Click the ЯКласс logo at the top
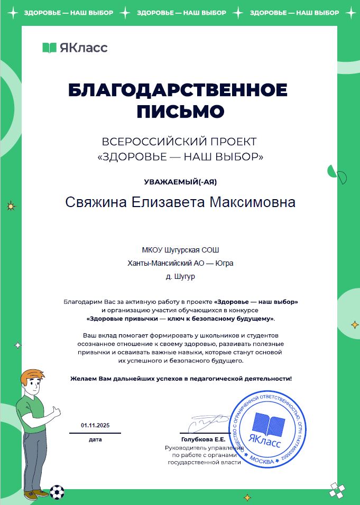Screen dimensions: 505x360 tap(75, 48)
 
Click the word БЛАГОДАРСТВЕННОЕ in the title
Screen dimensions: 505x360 tap(178, 90)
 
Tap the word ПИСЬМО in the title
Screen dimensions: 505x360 tap(180, 112)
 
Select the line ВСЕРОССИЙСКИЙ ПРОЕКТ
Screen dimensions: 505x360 tap(179, 142)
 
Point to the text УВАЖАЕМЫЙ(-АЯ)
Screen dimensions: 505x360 tap(180, 182)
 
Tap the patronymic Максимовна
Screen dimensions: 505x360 tap(253, 203)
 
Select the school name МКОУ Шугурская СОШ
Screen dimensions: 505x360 tap(180, 250)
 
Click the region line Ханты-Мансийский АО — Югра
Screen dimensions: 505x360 tap(180, 263)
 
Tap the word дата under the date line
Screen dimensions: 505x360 tap(95, 439)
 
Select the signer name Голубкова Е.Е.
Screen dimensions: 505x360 tap(203, 439)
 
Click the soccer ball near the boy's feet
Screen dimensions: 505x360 tap(57, 492)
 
